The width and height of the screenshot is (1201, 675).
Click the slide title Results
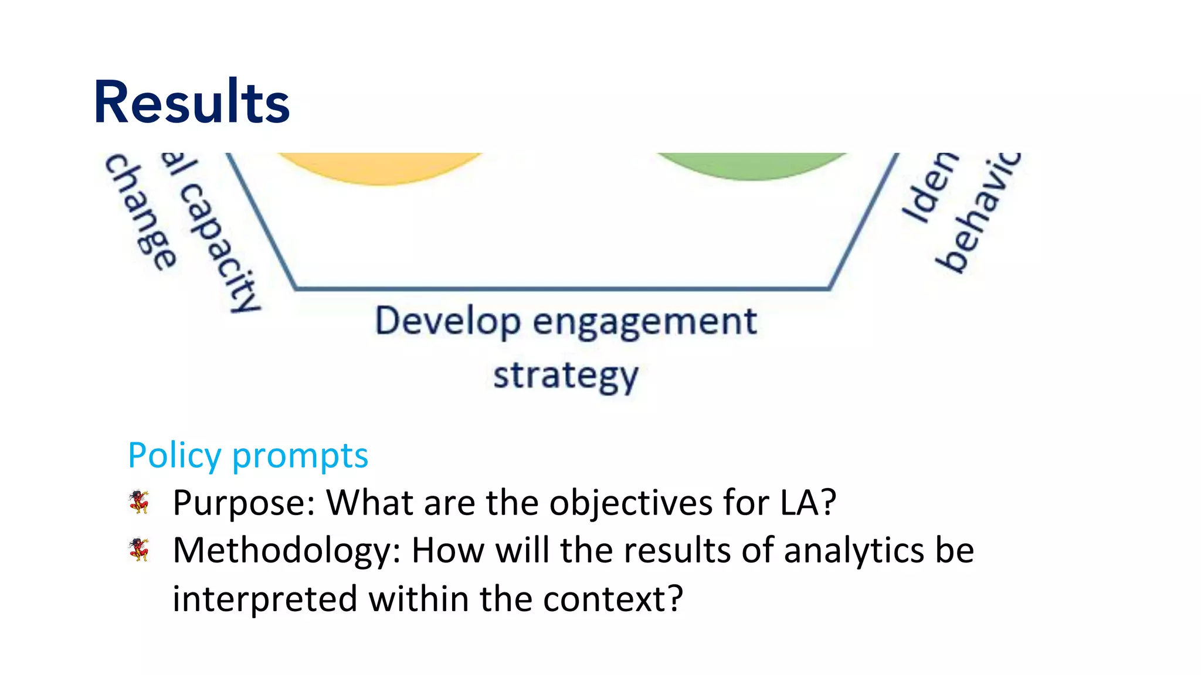pos(192,103)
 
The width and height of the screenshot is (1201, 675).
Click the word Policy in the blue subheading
pos(175,456)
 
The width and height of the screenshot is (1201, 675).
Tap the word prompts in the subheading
pos(300,456)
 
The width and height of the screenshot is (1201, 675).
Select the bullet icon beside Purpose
pos(139,502)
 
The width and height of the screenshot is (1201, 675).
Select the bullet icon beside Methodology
pos(139,550)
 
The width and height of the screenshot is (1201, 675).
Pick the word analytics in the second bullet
pos(854,551)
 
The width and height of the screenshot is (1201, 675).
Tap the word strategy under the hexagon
pos(566,376)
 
